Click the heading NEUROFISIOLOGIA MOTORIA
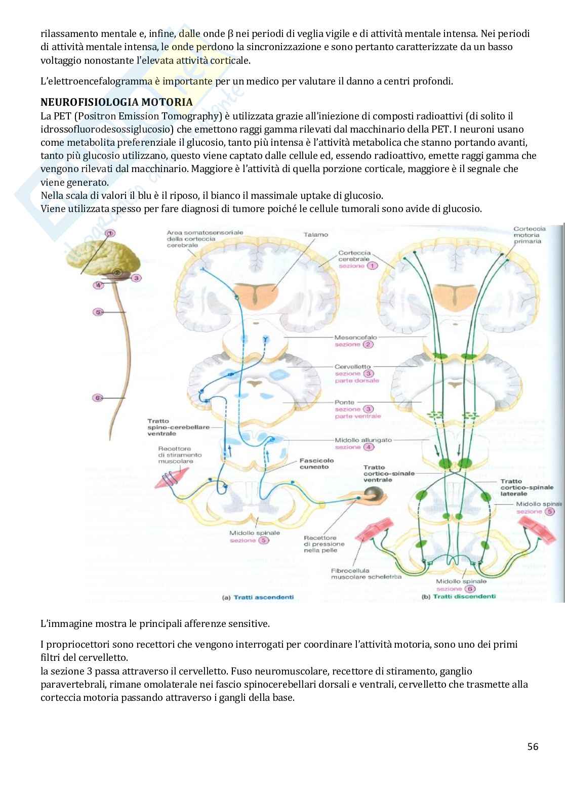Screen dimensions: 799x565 (x=116, y=102)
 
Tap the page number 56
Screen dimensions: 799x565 (x=533, y=746)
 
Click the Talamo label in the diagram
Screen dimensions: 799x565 (x=316, y=234)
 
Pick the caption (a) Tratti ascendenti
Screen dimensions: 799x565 (x=258, y=597)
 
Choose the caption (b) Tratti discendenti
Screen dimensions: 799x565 (x=459, y=597)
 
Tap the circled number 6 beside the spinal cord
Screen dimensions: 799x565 (x=98, y=398)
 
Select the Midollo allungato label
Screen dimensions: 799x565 (x=362, y=440)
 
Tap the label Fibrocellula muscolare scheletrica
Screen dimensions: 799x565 (x=366, y=573)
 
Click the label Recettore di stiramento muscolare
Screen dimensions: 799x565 (x=180, y=455)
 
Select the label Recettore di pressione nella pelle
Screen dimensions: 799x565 (x=324, y=544)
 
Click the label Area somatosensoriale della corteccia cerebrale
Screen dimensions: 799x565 (x=205, y=238)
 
